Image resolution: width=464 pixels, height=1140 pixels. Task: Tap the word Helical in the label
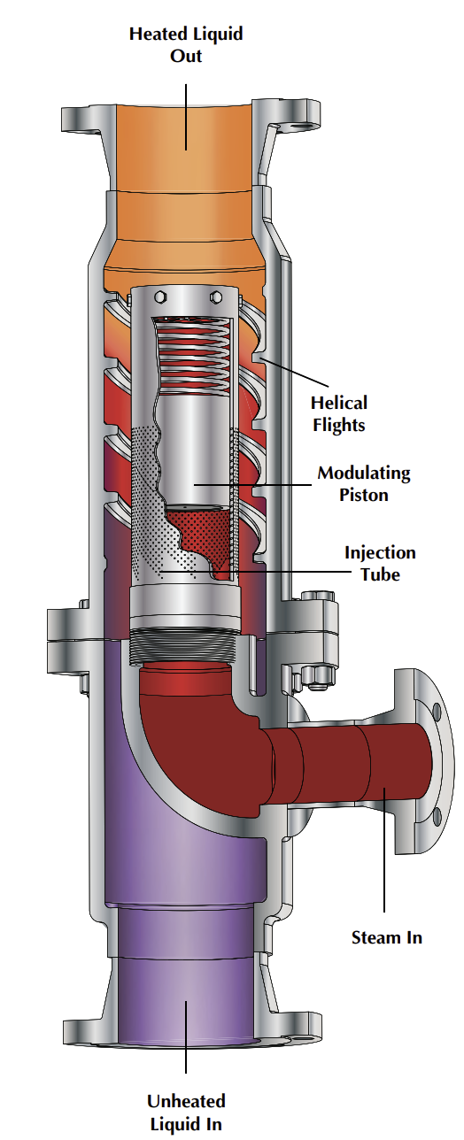(x=337, y=404)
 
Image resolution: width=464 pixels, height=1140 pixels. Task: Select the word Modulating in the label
(x=364, y=473)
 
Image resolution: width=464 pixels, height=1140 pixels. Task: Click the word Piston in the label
(x=364, y=494)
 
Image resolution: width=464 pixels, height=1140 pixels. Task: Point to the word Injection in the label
(x=380, y=553)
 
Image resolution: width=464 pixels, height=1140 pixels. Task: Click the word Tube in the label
(x=380, y=574)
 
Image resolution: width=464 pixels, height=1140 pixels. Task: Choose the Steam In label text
(x=386, y=937)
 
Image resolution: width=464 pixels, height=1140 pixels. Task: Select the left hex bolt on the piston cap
(x=157, y=297)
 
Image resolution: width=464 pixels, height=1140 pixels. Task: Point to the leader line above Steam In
(x=384, y=850)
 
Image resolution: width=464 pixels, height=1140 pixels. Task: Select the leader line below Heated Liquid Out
(x=186, y=115)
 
